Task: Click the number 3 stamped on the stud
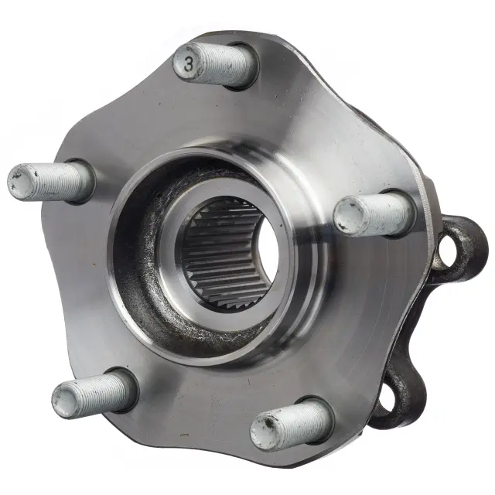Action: pos(189,64)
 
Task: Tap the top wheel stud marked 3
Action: pos(215,65)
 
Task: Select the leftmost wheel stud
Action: pos(49,182)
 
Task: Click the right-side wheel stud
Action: pos(374,215)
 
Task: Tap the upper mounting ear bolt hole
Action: pos(445,253)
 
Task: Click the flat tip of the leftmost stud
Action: pos(19,181)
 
